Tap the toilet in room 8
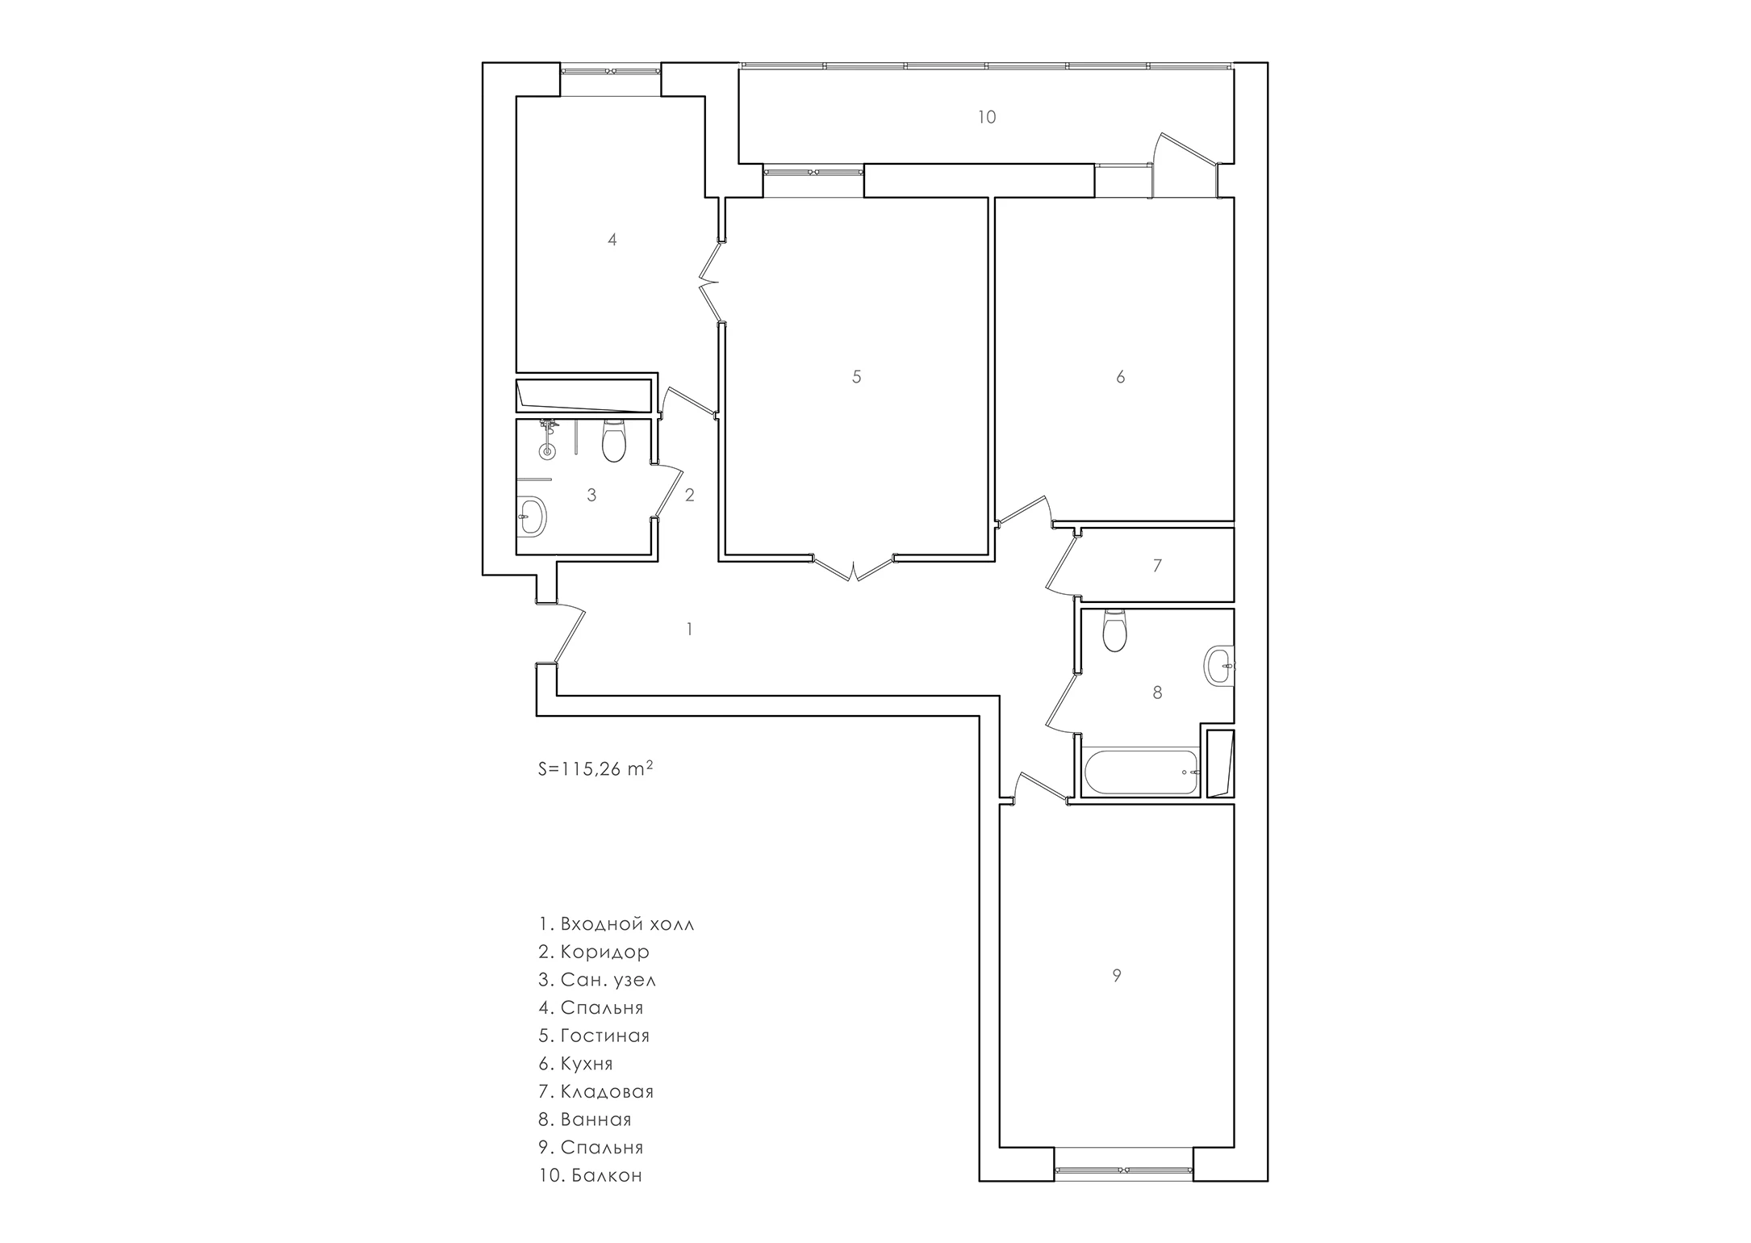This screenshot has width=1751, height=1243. click(1114, 630)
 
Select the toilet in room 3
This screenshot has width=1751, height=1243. click(614, 440)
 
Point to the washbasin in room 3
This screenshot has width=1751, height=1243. click(532, 515)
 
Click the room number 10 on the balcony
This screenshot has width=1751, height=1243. click(987, 117)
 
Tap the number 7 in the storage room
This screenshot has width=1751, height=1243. click(1157, 566)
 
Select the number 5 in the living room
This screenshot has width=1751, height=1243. click(857, 376)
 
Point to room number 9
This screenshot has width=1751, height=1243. click(1117, 975)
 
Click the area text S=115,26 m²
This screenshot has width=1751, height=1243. click(596, 768)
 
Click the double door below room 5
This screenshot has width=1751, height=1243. click(853, 568)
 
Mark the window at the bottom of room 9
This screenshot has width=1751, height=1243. click(1124, 1170)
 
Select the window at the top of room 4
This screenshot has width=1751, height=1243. click(611, 71)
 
